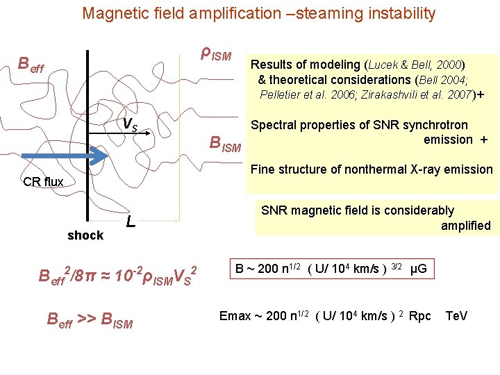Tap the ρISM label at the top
(x=215, y=53)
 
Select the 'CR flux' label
(x=43, y=182)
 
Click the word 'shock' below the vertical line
(x=85, y=235)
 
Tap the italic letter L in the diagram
(x=130, y=223)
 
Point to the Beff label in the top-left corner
(x=31, y=66)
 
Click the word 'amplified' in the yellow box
(x=465, y=225)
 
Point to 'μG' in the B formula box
(x=419, y=268)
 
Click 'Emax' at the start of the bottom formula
(x=235, y=317)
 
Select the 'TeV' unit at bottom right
(x=456, y=317)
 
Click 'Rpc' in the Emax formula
(x=420, y=317)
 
